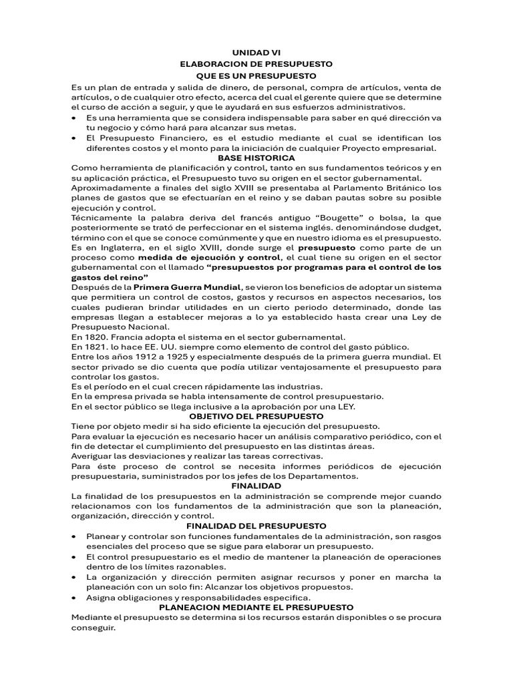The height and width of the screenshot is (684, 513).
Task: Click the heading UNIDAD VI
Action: tap(256, 51)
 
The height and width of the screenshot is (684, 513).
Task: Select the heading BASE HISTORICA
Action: tap(256, 158)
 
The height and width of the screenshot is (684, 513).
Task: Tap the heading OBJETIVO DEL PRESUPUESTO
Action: tap(256, 415)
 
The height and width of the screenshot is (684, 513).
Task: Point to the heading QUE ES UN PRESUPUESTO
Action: tap(256, 75)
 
